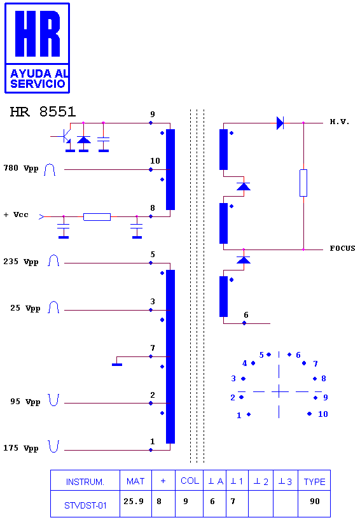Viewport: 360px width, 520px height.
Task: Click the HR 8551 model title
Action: click(43, 112)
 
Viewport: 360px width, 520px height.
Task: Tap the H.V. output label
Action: click(340, 122)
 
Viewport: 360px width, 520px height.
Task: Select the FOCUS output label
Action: click(342, 248)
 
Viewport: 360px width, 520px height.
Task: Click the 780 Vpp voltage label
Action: click(21, 168)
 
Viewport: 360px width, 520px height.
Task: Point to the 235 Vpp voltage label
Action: click(21, 262)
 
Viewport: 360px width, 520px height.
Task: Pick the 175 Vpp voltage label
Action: click(21, 448)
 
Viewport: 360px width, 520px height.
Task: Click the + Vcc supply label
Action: click(16, 214)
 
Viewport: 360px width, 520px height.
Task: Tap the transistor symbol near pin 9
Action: click(65, 137)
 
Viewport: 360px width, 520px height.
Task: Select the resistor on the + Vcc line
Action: click(97, 217)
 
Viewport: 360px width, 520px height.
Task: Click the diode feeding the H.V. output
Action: click(280, 123)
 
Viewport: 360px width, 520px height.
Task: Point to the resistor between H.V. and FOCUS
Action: click(303, 183)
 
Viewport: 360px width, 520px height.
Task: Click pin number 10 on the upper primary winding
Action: click(155, 161)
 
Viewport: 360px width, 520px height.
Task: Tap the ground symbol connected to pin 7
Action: click(117, 365)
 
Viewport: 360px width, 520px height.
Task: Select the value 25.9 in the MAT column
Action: click(134, 501)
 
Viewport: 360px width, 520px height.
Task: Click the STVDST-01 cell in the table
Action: click(85, 505)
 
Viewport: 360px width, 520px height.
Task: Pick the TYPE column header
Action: click(315, 482)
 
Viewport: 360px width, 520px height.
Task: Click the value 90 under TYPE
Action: click(315, 501)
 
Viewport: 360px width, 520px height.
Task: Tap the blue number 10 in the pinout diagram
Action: click(323, 414)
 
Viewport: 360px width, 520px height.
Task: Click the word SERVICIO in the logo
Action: click(38, 83)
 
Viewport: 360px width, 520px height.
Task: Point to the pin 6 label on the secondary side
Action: click(246, 314)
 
